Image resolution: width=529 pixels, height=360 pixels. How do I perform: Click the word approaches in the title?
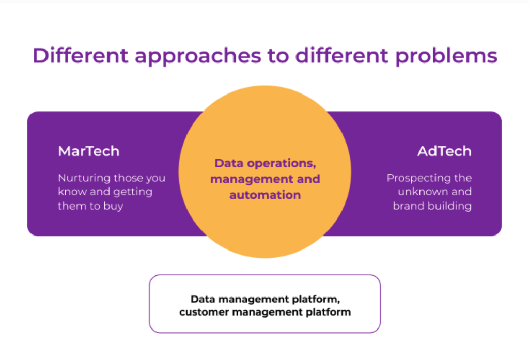198,56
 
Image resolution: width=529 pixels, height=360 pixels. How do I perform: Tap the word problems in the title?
446,55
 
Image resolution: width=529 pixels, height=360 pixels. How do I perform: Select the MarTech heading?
89,151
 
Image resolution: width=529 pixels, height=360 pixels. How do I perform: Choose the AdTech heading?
444,151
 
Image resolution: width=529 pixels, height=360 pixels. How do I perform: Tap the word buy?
113,206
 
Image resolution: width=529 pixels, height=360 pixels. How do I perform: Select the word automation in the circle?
265,195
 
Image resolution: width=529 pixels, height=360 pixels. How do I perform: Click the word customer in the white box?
204,312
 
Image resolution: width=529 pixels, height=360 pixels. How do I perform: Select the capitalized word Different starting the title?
80,55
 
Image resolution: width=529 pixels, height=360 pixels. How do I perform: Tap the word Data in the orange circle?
229,163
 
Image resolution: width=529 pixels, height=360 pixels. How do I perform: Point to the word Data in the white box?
203,299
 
